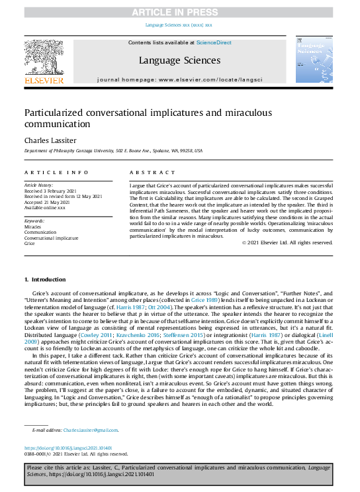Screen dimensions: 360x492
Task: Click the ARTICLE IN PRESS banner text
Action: [x=179, y=13]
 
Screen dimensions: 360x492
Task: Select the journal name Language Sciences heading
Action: [x=179, y=60]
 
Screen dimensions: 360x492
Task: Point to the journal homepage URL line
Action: [x=179, y=79]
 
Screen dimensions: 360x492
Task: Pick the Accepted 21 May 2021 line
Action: [x=48, y=201]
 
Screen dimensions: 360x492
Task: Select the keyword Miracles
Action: [x=32, y=226]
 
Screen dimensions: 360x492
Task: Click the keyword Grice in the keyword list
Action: [x=29, y=244]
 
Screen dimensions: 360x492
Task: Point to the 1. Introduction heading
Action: [x=45, y=280]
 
